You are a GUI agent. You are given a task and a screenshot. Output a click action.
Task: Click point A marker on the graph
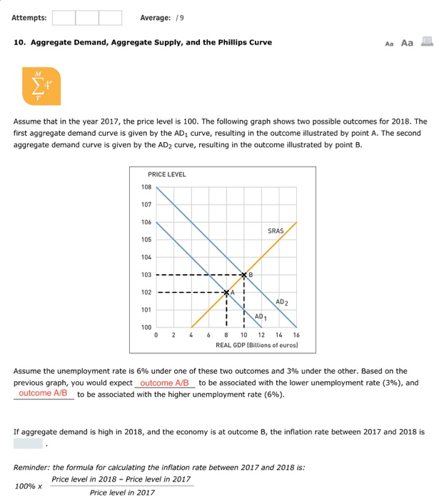point(227,292)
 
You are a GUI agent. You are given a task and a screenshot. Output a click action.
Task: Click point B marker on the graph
point(244,275)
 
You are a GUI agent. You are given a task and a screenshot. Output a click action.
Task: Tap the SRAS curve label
point(276,231)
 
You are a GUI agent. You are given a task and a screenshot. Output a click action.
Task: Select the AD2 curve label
point(281,302)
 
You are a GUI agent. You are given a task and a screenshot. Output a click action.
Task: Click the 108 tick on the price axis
point(146,187)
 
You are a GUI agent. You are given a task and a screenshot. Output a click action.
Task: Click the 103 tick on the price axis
point(146,275)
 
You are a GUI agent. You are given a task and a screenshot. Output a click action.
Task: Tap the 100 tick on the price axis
point(146,327)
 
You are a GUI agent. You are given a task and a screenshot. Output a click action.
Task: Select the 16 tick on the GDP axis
point(296,336)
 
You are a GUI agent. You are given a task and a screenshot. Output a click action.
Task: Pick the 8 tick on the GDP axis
point(226,336)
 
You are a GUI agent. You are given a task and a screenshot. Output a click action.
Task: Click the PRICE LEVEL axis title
point(166,174)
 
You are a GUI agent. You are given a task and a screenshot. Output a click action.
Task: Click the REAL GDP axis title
point(257,345)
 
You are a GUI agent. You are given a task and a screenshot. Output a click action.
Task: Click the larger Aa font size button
point(408,43)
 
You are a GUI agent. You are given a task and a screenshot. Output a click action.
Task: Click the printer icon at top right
point(427,42)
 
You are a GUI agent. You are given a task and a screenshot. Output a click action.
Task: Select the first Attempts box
point(64,17)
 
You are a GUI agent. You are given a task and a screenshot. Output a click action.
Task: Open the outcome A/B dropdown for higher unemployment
point(44,394)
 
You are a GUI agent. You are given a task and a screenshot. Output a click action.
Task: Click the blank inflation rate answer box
point(28,443)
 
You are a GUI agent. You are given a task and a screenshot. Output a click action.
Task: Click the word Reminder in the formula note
point(31,468)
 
